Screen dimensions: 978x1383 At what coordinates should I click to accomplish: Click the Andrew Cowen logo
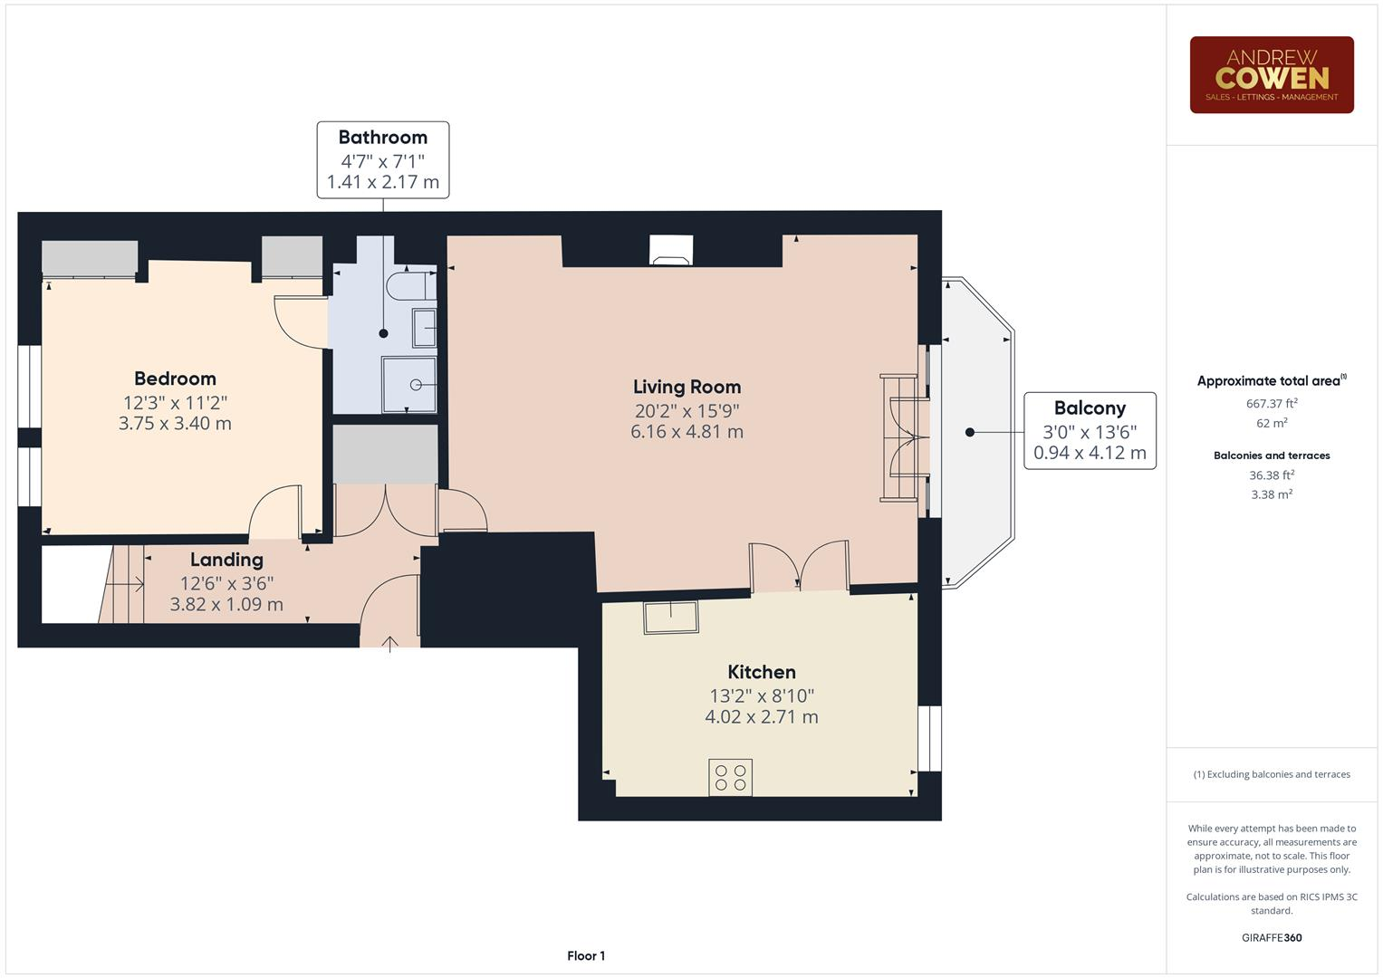tap(1271, 75)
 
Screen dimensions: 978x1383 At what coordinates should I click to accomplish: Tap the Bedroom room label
tap(175, 379)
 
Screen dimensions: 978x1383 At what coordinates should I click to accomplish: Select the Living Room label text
tap(687, 387)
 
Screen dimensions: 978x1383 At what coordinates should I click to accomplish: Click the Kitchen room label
tap(762, 672)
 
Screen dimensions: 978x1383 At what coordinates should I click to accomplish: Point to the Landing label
tap(226, 560)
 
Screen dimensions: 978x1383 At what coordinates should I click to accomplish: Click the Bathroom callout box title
tap(382, 138)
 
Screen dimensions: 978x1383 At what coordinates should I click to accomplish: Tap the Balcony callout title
tap(1090, 408)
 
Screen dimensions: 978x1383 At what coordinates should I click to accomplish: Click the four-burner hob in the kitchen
tap(730, 777)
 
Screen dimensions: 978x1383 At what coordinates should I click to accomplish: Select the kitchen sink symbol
tap(671, 617)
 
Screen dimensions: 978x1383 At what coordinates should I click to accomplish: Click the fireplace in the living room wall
tap(671, 251)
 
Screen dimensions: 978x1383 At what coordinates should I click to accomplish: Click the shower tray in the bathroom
tap(408, 385)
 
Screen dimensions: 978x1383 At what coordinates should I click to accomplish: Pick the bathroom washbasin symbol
tap(424, 328)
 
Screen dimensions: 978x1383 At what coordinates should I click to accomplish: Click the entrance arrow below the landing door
tap(390, 644)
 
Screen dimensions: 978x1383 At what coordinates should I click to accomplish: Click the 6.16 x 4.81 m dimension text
tap(687, 432)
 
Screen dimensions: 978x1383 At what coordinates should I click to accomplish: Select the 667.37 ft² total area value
tap(1272, 404)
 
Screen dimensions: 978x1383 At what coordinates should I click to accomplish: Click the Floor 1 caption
tap(586, 955)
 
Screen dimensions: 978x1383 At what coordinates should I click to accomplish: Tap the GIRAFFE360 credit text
tap(1272, 937)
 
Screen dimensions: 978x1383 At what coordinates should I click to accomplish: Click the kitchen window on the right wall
tap(929, 738)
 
